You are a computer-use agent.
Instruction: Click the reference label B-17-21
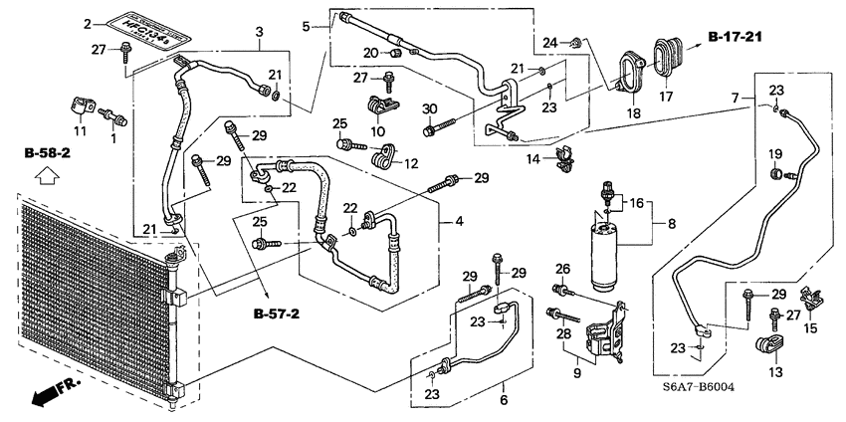click(x=742, y=37)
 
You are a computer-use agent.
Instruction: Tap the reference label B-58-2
click(x=48, y=155)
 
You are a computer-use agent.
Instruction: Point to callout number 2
click(x=88, y=22)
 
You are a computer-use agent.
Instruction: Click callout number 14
click(x=532, y=158)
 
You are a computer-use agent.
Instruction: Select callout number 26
click(x=562, y=269)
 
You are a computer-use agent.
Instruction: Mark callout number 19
click(x=772, y=152)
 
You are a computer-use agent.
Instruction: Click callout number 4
click(x=460, y=221)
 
